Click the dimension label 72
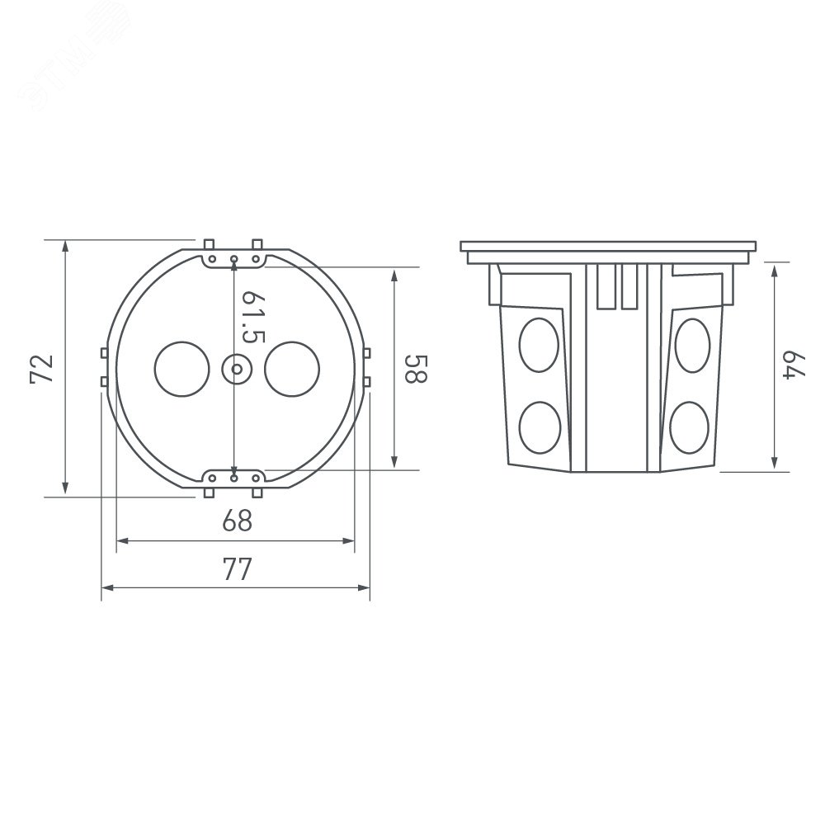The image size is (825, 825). click(42, 369)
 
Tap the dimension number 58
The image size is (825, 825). click(416, 368)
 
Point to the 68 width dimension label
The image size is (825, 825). click(238, 521)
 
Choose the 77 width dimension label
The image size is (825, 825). click(238, 568)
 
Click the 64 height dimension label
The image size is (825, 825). click(794, 365)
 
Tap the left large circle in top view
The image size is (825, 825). click(182, 369)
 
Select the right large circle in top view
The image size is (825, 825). click(292, 369)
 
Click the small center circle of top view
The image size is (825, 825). click(236, 370)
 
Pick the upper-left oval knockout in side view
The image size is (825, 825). click(539, 345)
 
